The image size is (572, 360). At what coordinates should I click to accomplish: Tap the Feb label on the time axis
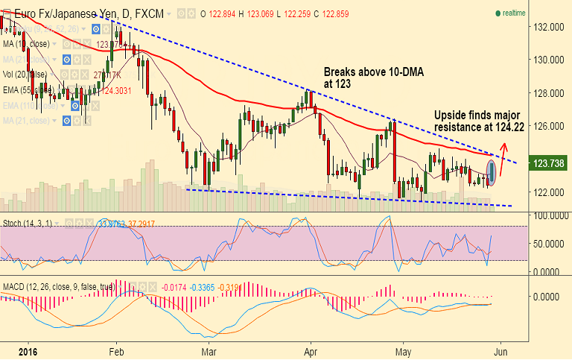click(115, 351)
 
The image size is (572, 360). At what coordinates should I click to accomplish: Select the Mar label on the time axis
click(209, 351)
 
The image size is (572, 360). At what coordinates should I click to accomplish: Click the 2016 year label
click(28, 351)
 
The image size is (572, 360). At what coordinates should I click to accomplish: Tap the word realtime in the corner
click(515, 13)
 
